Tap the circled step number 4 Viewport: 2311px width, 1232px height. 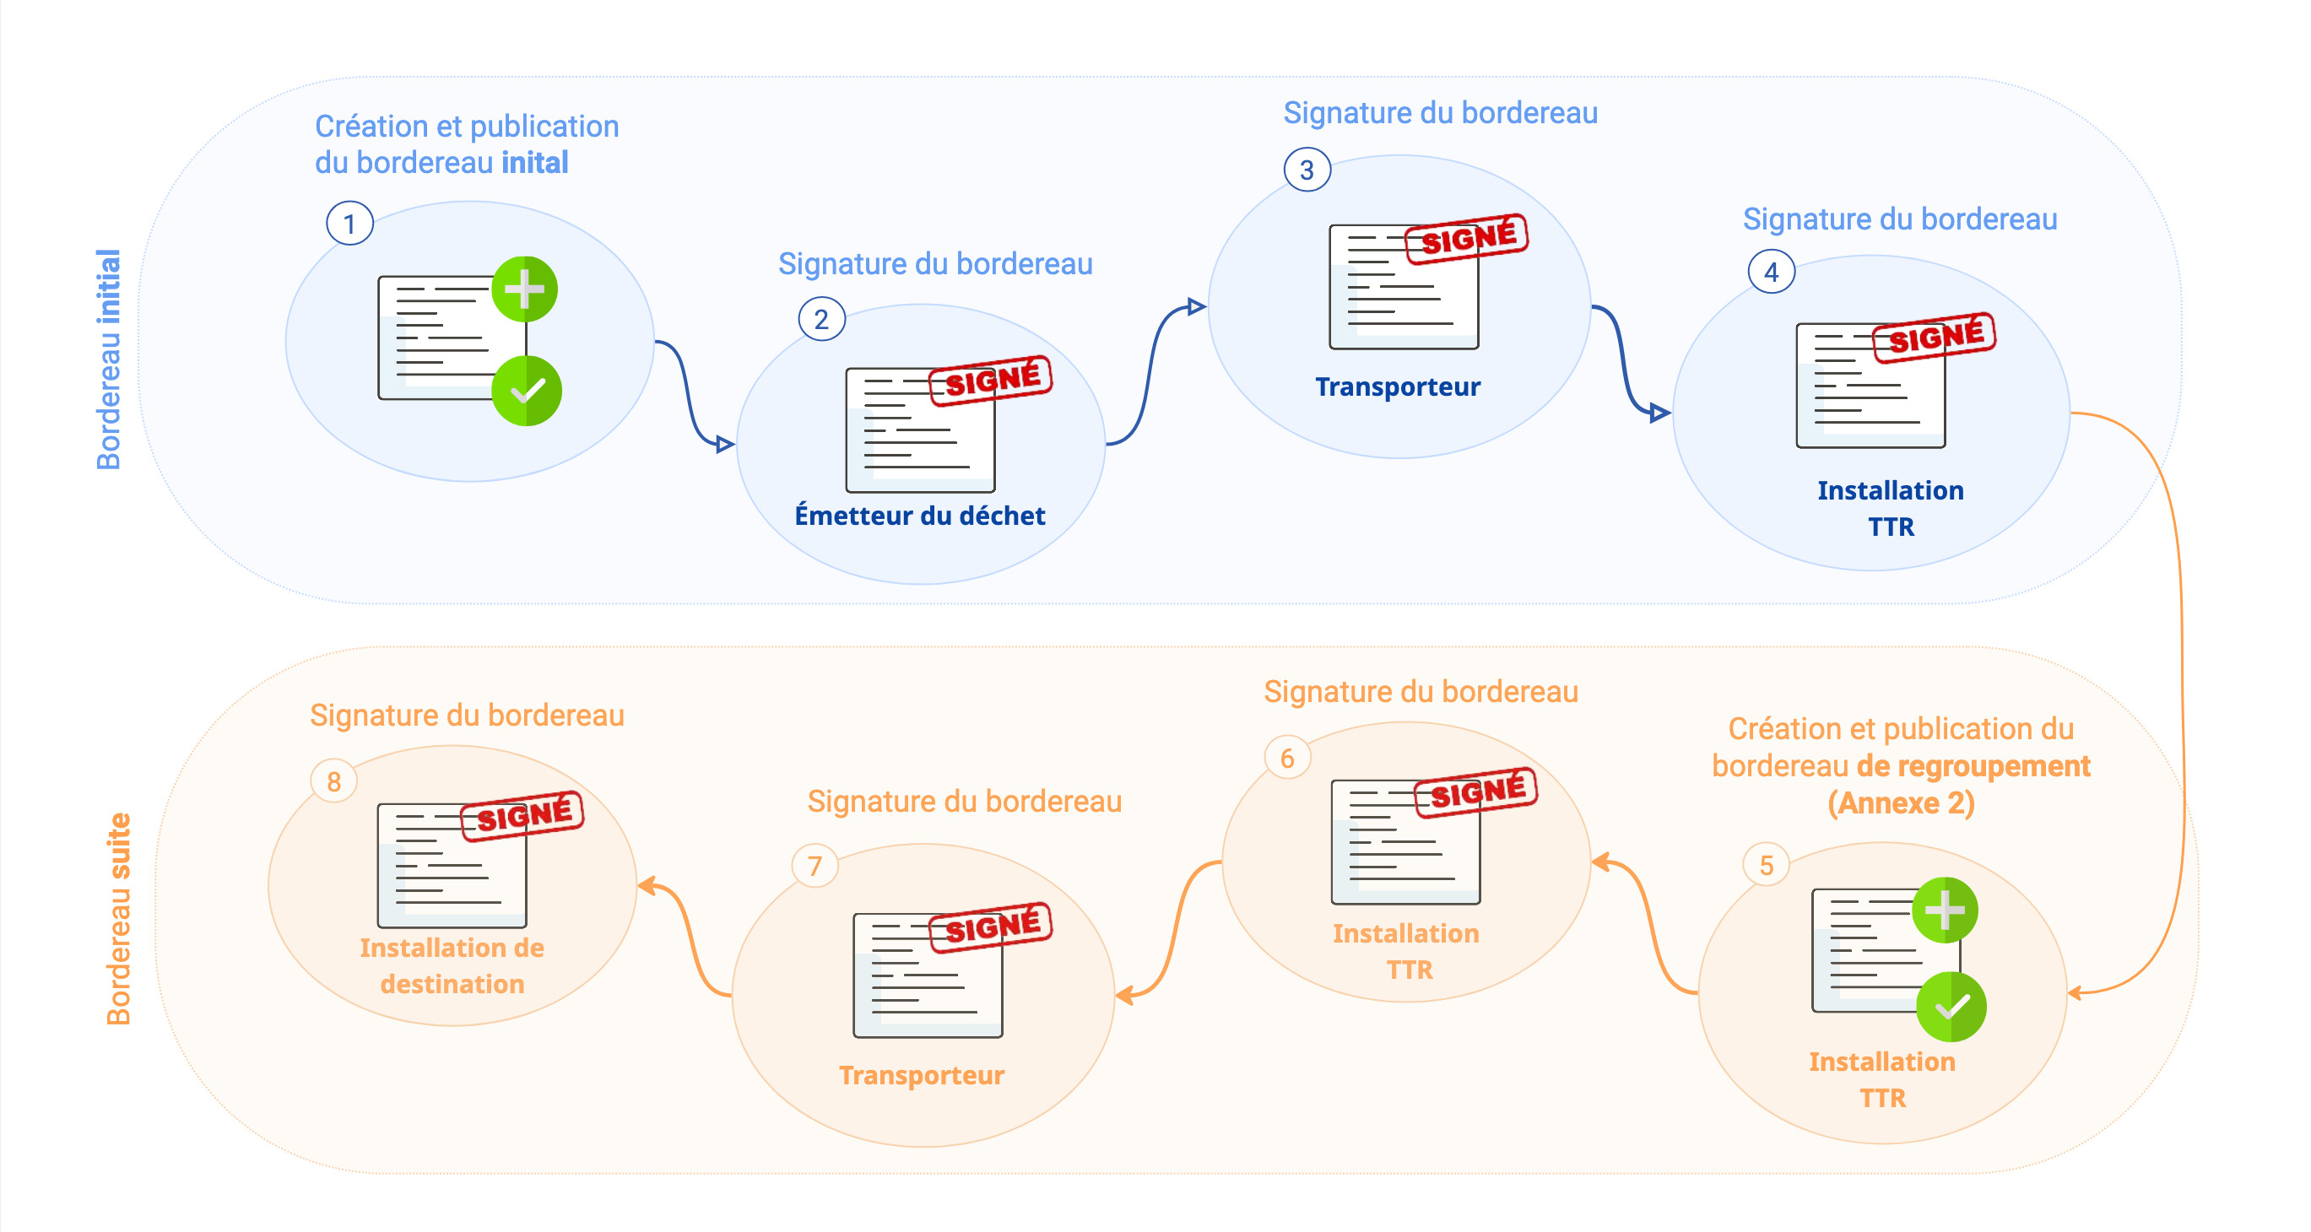(1771, 272)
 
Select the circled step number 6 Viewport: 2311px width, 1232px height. (1287, 758)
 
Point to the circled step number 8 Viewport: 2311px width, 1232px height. (333, 781)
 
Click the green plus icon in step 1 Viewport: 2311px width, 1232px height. (525, 289)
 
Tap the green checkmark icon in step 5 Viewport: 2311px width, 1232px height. (1951, 1007)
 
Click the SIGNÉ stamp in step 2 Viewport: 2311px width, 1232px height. (991, 381)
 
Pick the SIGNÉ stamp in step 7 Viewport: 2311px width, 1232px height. (991, 927)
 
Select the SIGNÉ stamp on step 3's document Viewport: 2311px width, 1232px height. (1468, 239)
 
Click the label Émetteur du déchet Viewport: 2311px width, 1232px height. (919, 516)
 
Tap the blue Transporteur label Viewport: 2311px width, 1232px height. (1398, 386)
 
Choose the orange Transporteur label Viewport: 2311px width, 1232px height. (922, 1075)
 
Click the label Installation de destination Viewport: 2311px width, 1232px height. (452, 965)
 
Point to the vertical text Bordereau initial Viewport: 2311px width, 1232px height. (109, 359)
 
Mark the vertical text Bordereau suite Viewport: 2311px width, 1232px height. (118, 918)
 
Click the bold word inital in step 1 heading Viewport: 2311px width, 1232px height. (534, 163)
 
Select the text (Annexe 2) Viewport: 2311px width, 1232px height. (1901, 803)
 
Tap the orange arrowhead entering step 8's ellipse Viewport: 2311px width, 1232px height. (646, 887)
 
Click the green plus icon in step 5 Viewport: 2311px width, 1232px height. (1945, 910)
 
